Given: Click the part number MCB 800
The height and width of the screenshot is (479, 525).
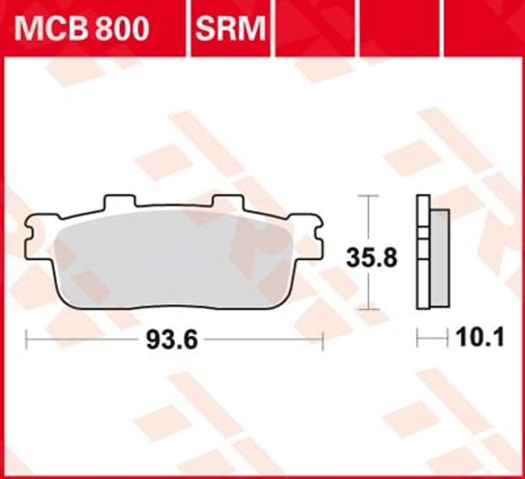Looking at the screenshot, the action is [81, 29].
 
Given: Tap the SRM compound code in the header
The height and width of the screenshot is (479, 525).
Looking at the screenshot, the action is [230, 29].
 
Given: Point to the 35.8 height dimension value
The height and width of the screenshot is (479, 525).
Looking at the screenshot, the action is [372, 258].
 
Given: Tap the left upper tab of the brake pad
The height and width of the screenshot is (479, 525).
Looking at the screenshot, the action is [119, 201].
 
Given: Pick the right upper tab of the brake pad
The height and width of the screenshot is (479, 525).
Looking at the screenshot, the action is [228, 201].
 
